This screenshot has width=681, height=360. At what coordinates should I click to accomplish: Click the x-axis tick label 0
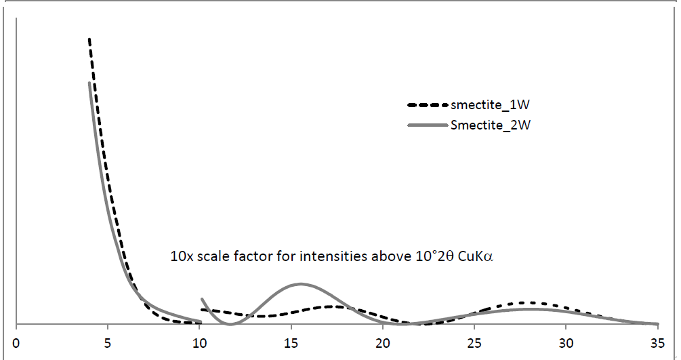[16, 341]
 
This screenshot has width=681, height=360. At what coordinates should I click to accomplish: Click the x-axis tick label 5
[107, 341]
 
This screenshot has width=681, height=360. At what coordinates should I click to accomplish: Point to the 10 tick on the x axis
[199, 341]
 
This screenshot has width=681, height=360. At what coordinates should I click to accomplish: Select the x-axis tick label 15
[291, 341]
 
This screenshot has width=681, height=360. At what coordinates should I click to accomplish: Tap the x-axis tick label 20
[382, 341]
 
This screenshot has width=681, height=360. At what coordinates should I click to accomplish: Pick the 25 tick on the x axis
[474, 341]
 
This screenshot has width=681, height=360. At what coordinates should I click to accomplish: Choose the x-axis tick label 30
[566, 341]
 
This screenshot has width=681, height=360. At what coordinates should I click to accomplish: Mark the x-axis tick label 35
[657, 341]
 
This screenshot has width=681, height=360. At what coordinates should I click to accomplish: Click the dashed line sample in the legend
[428, 105]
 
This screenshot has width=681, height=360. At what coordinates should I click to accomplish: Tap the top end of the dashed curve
[89, 39]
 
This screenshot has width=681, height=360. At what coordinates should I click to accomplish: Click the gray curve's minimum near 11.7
[230, 324]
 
